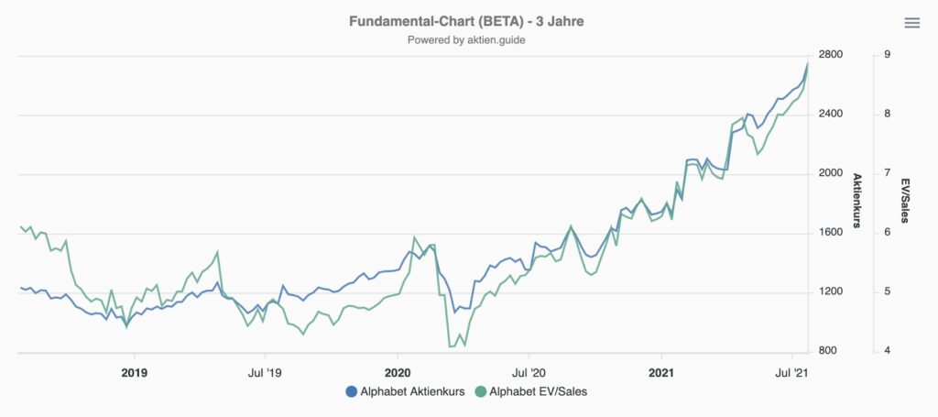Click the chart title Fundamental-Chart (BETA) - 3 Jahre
467,20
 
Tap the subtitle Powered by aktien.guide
467,40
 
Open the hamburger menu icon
912,23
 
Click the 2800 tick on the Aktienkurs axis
830,55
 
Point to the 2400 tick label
830,115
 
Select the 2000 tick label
830,173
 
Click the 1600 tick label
830,233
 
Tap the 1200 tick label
830,292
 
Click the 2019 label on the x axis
135,373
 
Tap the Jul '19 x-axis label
266,373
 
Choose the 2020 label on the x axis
398,373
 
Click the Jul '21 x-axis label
792,373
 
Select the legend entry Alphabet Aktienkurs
405,392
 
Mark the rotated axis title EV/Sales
905,201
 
